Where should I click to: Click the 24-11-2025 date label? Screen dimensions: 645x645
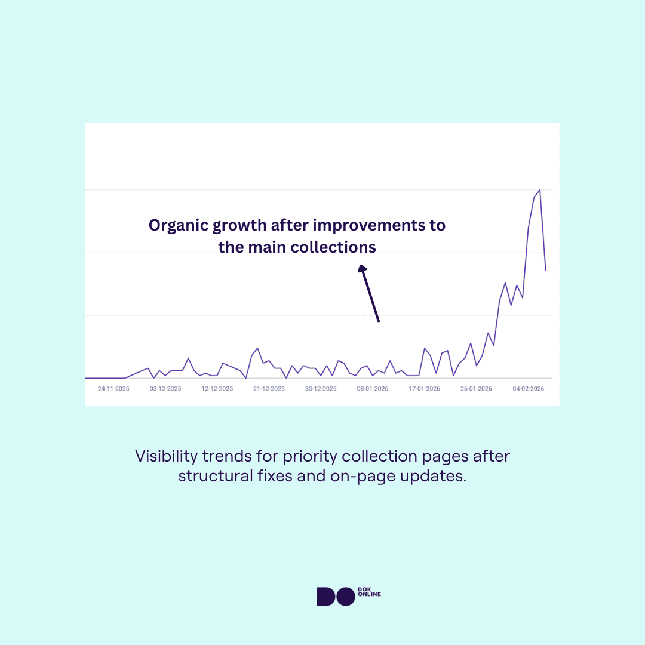[113, 389]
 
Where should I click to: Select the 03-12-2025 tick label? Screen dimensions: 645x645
[165, 389]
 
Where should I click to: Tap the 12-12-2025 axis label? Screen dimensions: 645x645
[217, 389]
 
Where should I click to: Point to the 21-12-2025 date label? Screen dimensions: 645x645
[269, 389]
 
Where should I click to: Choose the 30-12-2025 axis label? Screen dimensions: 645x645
[321, 389]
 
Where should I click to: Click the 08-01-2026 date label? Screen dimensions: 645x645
[373, 389]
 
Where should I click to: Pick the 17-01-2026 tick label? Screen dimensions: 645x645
[425, 389]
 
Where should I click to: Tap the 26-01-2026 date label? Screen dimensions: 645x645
[477, 389]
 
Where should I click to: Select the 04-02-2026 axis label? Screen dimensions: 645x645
[529, 389]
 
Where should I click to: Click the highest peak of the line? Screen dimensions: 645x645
[540, 190]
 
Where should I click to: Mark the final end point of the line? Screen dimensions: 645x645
[546, 271]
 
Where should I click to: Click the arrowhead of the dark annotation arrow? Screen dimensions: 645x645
[361, 269]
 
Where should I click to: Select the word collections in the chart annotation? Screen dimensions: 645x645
[333, 247]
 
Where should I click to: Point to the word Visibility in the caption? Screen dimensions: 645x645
[166, 457]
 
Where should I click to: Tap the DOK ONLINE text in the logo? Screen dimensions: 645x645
[370, 592]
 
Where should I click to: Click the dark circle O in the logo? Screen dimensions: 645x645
[346, 597]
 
